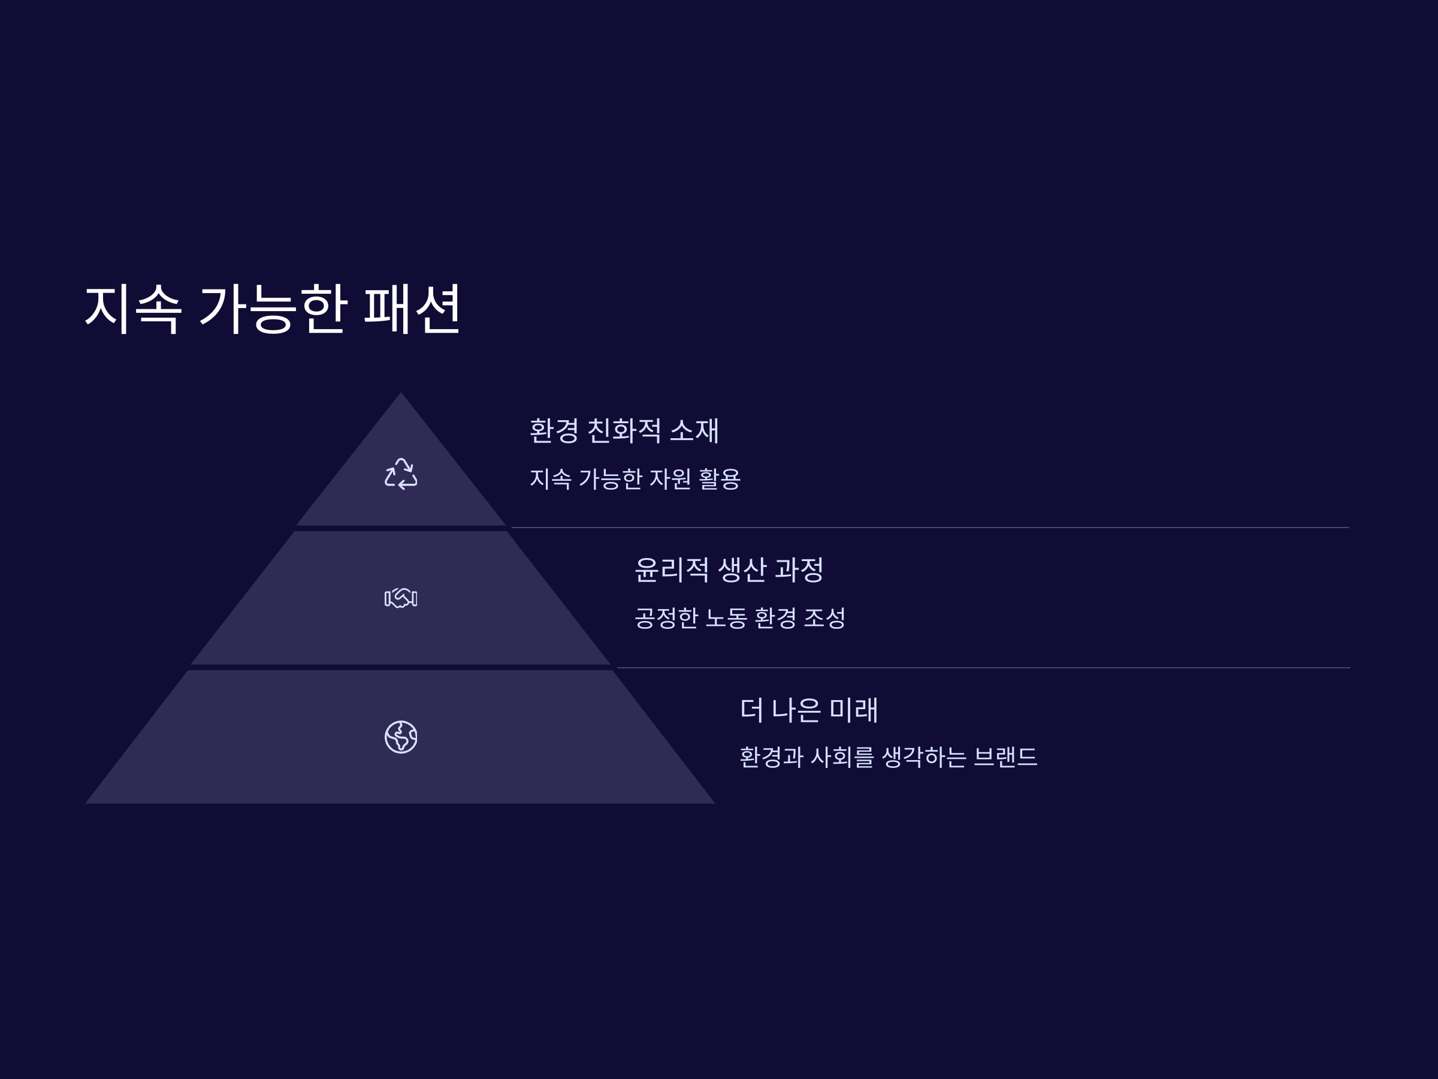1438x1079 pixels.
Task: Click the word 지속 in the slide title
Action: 132,309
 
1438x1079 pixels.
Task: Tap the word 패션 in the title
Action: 412,309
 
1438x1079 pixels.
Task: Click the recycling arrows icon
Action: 400,474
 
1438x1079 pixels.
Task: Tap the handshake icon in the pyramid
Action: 400,598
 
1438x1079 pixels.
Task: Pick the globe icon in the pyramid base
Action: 400,737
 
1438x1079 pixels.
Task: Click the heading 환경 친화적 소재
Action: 624,430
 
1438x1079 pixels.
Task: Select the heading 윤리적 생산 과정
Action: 729,569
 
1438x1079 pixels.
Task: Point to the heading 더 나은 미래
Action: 809,710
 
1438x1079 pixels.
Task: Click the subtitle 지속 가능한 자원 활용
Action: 635,480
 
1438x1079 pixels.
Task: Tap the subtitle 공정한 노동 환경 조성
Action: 740,618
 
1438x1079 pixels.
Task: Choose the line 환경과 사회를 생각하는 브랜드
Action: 888,757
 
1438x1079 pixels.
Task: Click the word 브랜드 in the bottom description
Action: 1005,757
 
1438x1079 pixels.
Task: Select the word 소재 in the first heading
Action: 694,430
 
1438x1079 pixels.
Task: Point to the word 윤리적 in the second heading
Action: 672,569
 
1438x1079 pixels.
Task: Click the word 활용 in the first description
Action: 720,480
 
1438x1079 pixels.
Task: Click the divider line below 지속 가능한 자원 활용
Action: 930,528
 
